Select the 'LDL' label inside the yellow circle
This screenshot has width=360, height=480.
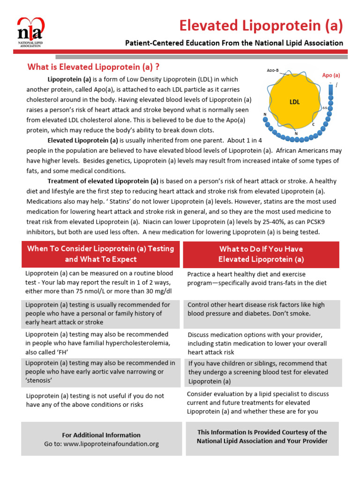pyautogui.click(x=294, y=102)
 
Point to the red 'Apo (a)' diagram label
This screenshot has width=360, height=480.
pyautogui.click(x=331, y=75)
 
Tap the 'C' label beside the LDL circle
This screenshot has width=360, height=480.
pyautogui.click(x=314, y=125)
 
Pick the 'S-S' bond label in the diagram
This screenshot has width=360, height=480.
pyautogui.click(x=325, y=108)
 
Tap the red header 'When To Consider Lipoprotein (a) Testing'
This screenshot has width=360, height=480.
pyautogui.click(x=100, y=248)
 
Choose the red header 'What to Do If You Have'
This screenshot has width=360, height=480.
pyautogui.click(x=261, y=249)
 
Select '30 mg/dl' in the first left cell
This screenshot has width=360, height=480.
pyautogui.click(x=155, y=291)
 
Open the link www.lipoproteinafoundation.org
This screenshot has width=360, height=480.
pyautogui.click(x=111, y=443)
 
